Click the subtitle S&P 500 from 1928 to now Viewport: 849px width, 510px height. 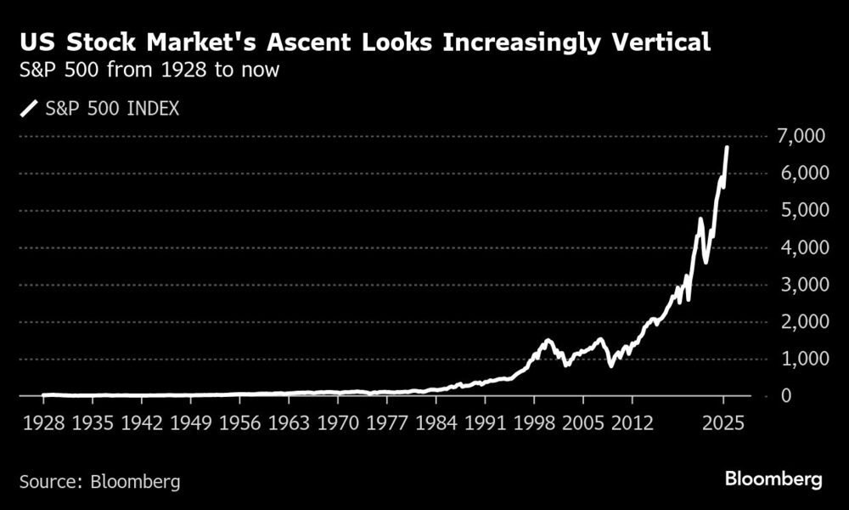[149, 71]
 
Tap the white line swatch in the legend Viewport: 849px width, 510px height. [30, 109]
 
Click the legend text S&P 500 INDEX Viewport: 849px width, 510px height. [113, 109]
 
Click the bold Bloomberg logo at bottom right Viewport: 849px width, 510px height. [773, 480]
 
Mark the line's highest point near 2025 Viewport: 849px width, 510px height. [727, 147]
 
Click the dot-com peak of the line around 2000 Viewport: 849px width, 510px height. [548, 341]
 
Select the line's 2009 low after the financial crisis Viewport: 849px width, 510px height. [610, 366]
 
